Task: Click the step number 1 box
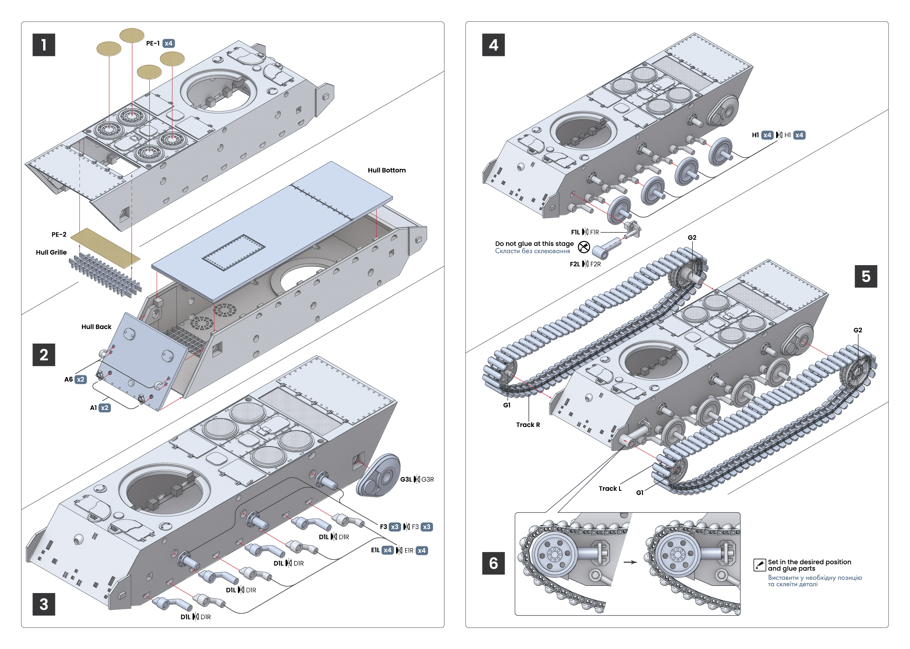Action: pos(44,45)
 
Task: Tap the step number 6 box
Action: pos(493,563)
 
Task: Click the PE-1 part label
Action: pos(153,43)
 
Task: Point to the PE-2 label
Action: pos(59,235)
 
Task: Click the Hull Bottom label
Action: pos(386,170)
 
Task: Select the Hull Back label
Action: pos(96,326)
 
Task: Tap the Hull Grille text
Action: pos(51,252)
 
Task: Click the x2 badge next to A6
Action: pos(81,379)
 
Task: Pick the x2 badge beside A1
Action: pos(104,408)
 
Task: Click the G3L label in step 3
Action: pos(405,479)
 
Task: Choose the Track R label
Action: pos(527,425)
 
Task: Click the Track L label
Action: pos(610,488)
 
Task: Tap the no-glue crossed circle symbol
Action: pos(584,247)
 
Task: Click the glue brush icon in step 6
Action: pos(759,565)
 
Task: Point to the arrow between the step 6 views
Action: pos(630,562)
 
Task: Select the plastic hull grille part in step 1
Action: pos(105,274)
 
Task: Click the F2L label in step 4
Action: pos(574,264)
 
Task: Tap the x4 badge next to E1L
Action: pos(387,550)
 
